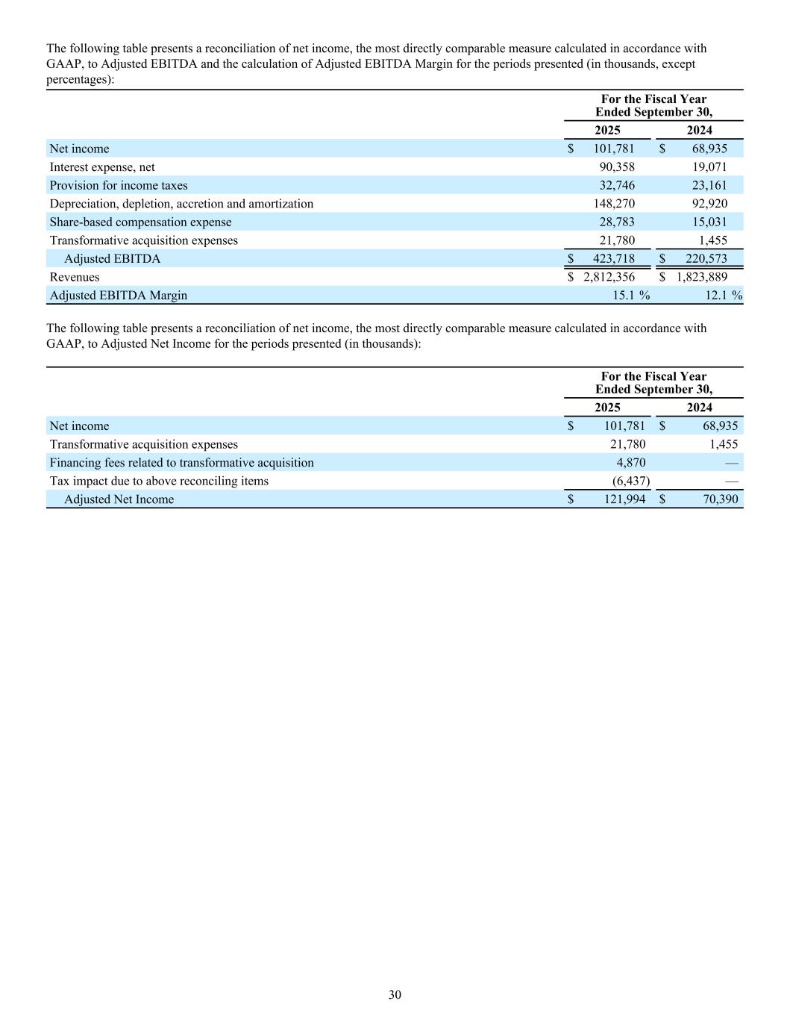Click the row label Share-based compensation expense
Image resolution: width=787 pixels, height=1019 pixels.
[x=140, y=222]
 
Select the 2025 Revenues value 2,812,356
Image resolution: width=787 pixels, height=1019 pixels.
[x=609, y=277]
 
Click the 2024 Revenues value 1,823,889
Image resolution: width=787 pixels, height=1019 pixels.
[x=702, y=277]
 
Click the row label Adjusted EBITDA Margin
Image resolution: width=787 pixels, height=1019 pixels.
[x=118, y=296]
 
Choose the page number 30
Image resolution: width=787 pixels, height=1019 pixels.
[x=395, y=994]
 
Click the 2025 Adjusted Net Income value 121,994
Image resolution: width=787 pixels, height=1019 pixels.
[x=624, y=499]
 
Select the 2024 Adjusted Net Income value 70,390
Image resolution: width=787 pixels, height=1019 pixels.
[x=720, y=499]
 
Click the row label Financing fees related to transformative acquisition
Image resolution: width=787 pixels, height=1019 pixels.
[x=181, y=463]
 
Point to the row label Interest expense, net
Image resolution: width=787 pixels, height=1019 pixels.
[x=102, y=167]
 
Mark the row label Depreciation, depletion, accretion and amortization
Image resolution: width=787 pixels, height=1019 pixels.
[x=181, y=204]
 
